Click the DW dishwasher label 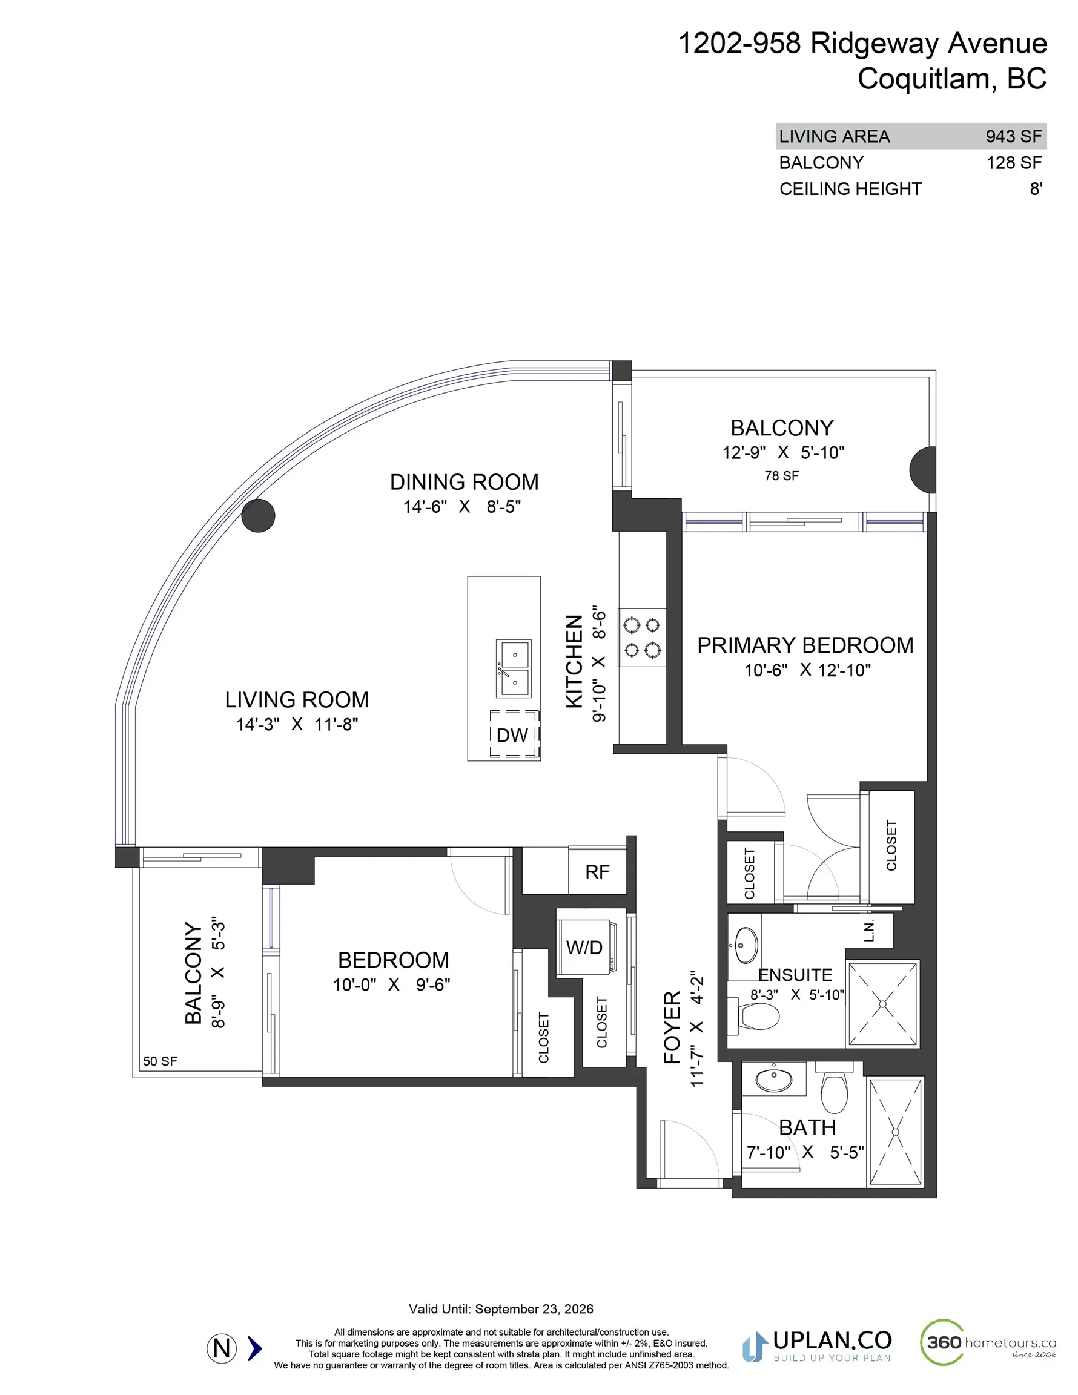tap(512, 735)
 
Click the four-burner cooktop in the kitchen tap(642, 638)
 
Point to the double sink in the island tap(514, 668)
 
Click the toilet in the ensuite tap(758, 1016)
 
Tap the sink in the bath tap(774, 1080)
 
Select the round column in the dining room tap(258, 515)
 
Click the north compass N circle tap(222, 1348)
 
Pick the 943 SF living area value tap(1013, 136)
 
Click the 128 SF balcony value tap(1014, 163)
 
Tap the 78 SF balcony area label tap(781, 476)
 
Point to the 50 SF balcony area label tap(160, 1061)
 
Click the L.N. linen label tap(869, 931)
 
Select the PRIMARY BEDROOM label tap(805, 645)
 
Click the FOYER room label tap(672, 1027)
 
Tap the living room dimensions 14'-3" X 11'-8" tap(297, 724)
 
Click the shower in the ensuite tap(882, 1004)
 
